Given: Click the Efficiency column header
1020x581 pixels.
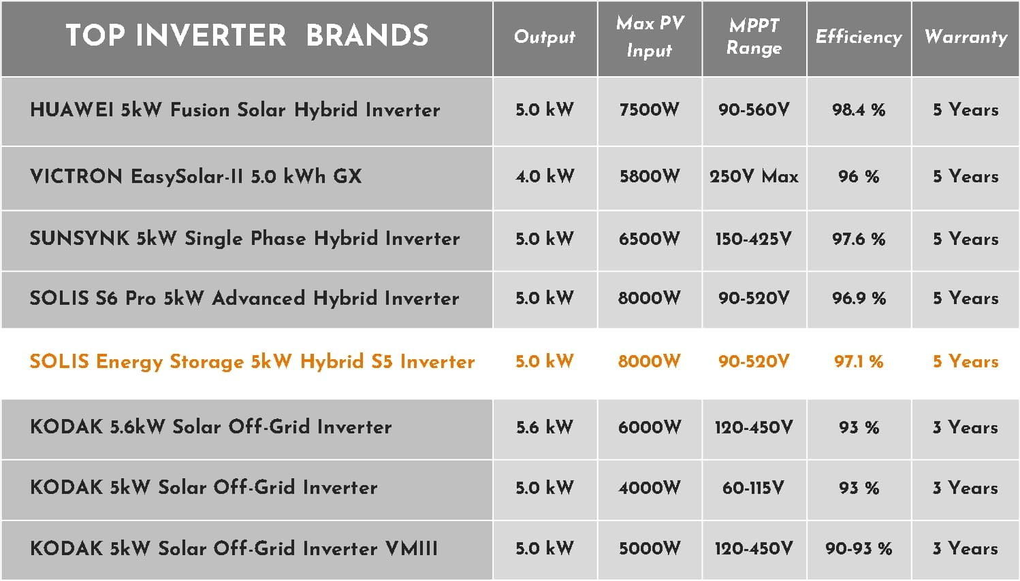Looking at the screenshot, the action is click(x=859, y=37).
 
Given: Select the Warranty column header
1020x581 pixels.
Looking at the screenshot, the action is click(x=966, y=37).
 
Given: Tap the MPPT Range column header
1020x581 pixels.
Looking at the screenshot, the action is click(x=754, y=37).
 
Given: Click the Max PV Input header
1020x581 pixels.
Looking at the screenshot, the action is click(x=650, y=37).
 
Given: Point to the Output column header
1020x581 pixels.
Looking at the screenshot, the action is click(x=545, y=37).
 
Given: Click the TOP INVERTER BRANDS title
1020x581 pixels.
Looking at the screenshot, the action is click(x=247, y=35).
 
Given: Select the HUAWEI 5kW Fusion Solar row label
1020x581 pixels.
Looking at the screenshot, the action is click(x=235, y=110).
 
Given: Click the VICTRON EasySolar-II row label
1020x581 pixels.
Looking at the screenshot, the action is click(x=196, y=176).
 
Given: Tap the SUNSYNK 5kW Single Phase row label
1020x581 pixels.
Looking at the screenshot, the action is click(x=245, y=238).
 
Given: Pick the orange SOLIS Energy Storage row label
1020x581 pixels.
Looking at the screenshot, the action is click(x=252, y=362).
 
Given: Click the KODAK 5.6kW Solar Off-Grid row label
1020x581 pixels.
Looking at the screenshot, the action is click(x=211, y=427).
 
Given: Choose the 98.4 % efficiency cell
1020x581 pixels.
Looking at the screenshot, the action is click(x=859, y=110).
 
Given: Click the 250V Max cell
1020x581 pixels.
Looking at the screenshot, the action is click(x=754, y=176).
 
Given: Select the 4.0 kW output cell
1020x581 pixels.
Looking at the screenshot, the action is click(x=545, y=176).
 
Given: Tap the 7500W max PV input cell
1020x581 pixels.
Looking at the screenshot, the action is click(x=650, y=110).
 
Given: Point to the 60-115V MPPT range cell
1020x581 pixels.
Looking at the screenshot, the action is click(x=754, y=488).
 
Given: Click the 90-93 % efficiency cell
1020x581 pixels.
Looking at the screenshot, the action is click(x=859, y=549).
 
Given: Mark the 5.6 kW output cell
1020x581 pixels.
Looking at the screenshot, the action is click(x=545, y=427).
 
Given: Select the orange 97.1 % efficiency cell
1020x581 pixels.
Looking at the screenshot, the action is click(x=859, y=362).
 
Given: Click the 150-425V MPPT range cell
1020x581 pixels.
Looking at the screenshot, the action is click(x=754, y=239).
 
